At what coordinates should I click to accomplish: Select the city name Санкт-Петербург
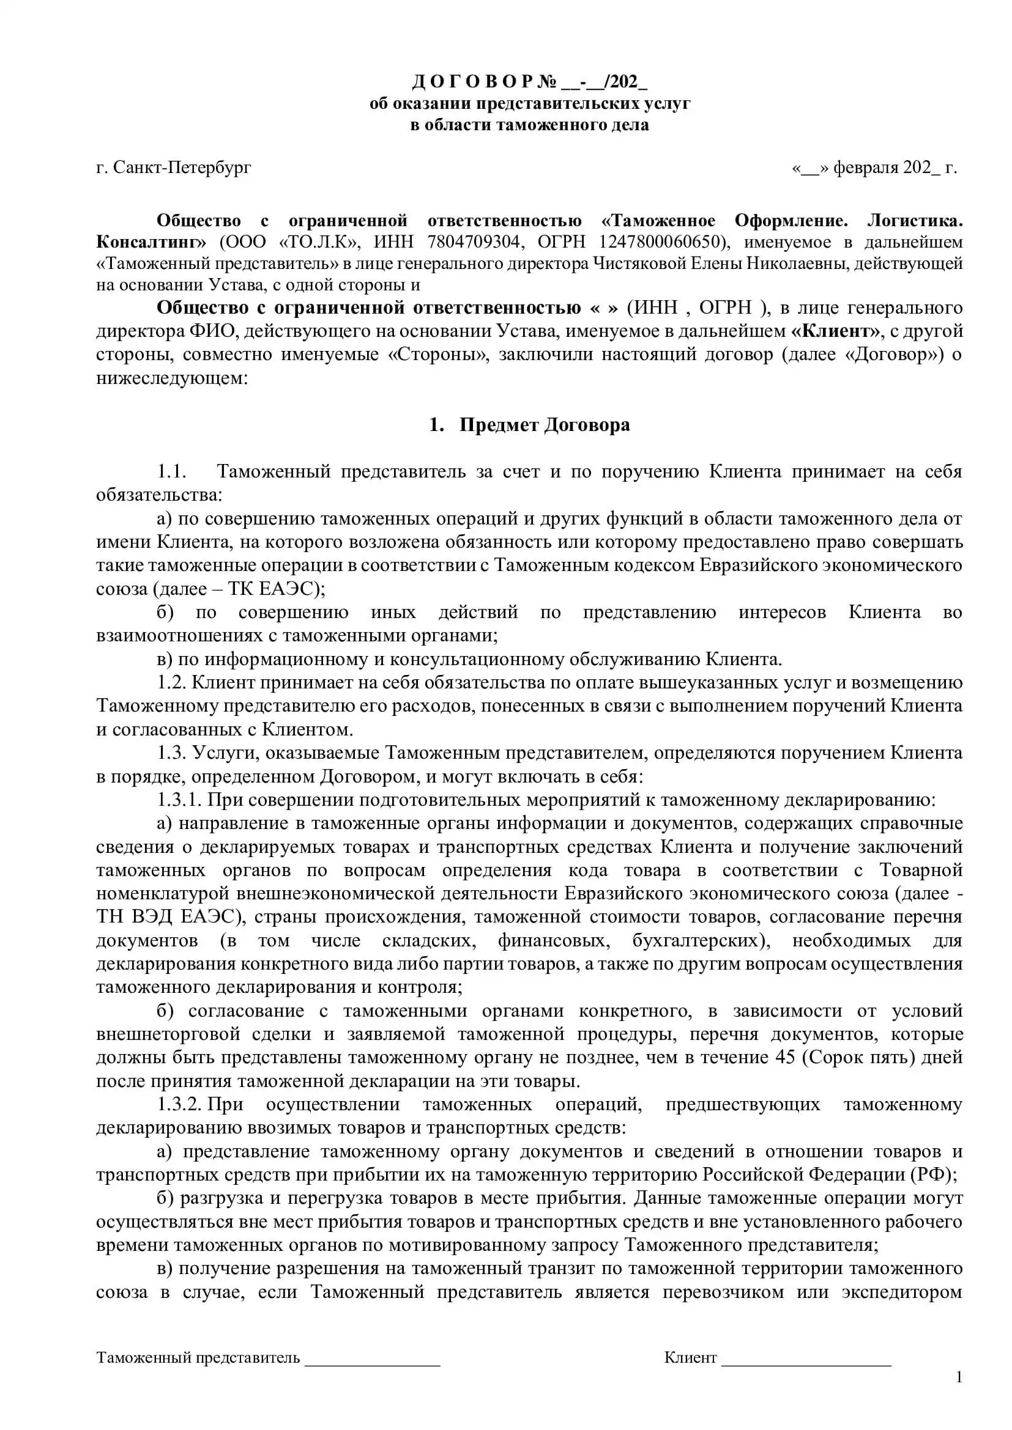pos(182,168)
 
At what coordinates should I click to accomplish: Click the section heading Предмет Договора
pos(544,425)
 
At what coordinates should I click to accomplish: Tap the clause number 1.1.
pos(171,471)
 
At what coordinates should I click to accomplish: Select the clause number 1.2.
pos(172,682)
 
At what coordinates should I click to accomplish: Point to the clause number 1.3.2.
pos(179,1105)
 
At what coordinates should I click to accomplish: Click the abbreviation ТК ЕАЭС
pos(273,589)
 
